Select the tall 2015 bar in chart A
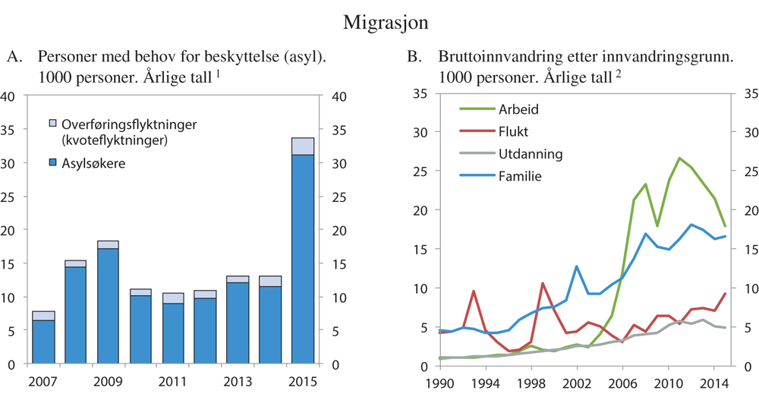tap(303, 258)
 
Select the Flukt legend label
tap(514, 131)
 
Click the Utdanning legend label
tap(530, 154)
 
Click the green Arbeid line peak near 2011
tap(679, 158)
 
